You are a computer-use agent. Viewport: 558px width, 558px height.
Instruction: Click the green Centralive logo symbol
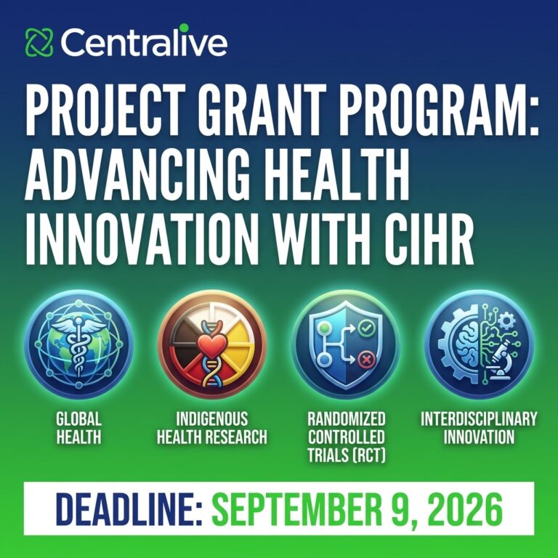pyautogui.click(x=39, y=42)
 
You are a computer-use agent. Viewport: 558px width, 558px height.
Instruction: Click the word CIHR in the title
pyautogui.click(x=429, y=239)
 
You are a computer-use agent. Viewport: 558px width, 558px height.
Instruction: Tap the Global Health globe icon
pyautogui.click(x=79, y=344)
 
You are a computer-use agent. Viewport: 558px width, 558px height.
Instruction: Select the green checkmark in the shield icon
pyautogui.click(x=365, y=328)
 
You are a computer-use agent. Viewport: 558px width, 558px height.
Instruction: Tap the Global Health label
pyautogui.click(x=78, y=428)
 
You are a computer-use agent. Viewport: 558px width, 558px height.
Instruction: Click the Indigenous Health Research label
pyautogui.click(x=212, y=428)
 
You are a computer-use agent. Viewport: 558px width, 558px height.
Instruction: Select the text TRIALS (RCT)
pyautogui.click(x=347, y=455)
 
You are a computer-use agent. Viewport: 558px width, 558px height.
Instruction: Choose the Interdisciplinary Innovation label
pyautogui.click(x=479, y=428)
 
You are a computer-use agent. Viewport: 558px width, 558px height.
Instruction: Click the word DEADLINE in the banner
pyautogui.click(x=129, y=509)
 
